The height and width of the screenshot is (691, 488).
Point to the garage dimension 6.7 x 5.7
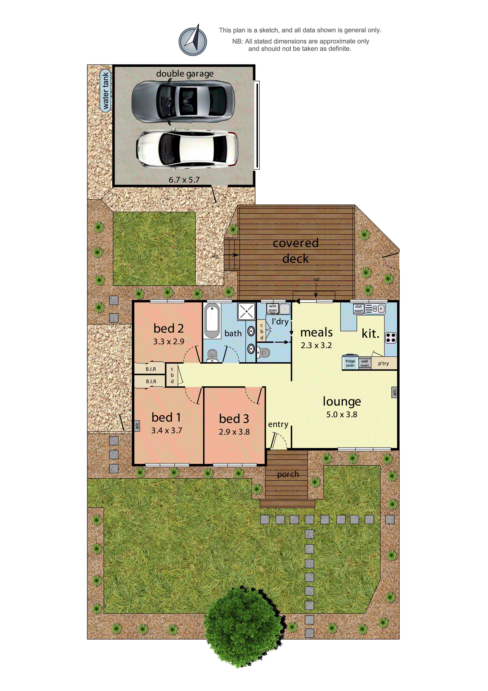184,180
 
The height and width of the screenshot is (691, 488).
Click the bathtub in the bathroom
212,320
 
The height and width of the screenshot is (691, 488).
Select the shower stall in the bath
247,311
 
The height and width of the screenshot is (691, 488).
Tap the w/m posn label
272,308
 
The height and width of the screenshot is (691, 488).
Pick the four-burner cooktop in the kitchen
391,338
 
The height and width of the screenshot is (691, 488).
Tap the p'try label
384,363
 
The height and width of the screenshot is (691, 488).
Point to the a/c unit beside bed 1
137,425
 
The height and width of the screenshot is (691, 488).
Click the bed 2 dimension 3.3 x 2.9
169,342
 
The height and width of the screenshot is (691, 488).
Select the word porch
288,475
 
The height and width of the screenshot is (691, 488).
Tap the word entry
278,424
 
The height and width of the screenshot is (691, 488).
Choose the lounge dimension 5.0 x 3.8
342,415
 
